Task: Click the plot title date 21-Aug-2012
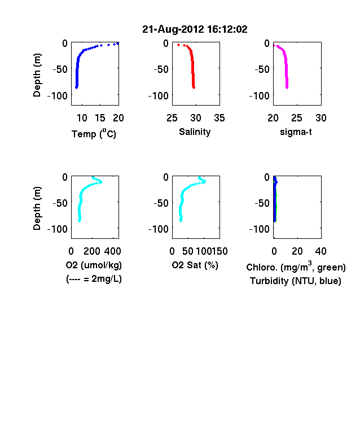point(173,29)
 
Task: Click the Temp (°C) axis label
point(94,134)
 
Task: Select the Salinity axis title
point(195,132)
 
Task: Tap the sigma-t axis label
point(296,132)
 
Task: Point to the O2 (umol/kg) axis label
point(94,265)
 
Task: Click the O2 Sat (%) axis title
point(195,265)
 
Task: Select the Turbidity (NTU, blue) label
point(296,281)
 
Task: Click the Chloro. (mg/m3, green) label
point(296,267)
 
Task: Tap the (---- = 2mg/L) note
point(94,279)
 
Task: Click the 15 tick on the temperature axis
point(100,118)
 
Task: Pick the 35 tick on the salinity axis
point(219,118)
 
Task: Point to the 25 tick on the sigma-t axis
point(297,118)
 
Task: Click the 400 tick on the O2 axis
point(112,251)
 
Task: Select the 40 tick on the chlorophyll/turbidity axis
point(321,251)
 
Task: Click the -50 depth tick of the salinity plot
point(161,69)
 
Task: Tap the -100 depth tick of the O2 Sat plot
point(159,229)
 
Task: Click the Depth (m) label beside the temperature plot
point(37,75)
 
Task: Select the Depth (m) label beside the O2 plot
point(37,208)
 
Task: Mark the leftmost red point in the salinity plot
point(178,45)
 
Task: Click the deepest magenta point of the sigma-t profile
point(287,88)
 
